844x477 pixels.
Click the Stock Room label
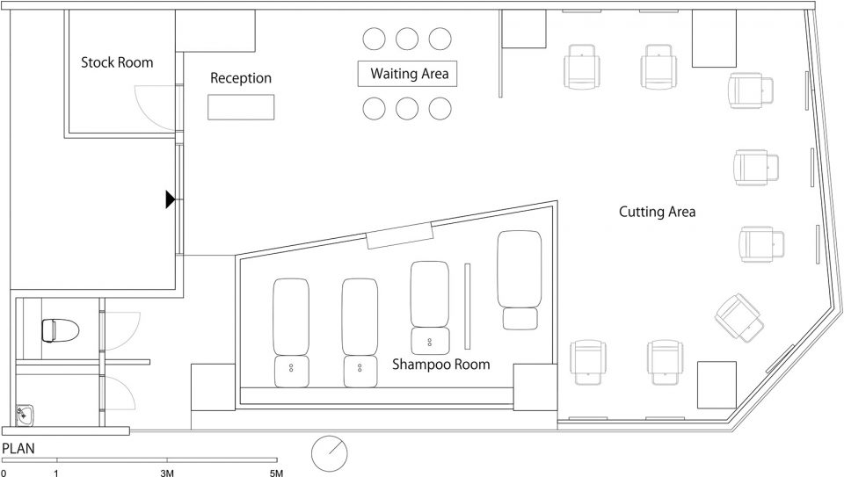pos(117,62)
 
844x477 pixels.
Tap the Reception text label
pos(241,78)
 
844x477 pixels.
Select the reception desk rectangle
pos(241,107)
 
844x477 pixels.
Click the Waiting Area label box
pos(407,74)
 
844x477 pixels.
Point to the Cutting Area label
pos(658,212)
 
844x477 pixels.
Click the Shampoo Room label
pos(440,364)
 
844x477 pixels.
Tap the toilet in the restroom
pos(61,330)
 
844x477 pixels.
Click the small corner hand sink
pos(24,415)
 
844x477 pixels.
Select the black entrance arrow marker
pos(171,199)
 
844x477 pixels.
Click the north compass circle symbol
pos(330,452)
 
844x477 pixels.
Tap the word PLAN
pos(18,449)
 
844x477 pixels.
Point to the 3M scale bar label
pos(167,473)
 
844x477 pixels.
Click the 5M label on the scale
pos(276,473)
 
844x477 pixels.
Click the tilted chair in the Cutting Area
pos(739,317)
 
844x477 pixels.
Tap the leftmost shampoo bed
pos(291,332)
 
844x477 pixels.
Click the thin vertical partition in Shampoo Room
pos(467,306)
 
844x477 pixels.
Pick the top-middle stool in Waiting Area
pos(407,39)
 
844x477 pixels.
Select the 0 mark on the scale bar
pos(4,473)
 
